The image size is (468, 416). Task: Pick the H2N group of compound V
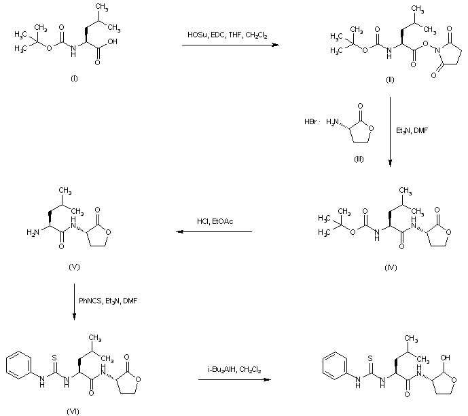[x=33, y=232]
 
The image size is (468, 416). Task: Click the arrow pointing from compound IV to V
[x=214, y=232]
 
